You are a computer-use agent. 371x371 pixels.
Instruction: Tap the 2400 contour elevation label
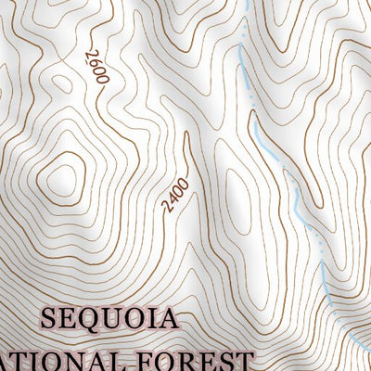point(176,195)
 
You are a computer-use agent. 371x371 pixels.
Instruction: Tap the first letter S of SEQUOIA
point(49,321)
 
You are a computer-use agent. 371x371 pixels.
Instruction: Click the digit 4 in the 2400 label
point(173,198)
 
